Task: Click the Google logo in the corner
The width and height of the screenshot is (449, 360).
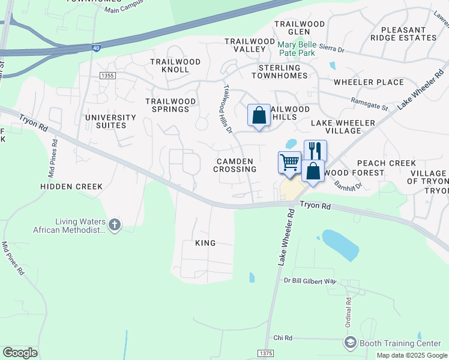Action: point(20,352)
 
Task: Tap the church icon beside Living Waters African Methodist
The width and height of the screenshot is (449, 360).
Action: point(114,225)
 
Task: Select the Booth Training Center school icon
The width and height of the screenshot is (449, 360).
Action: point(350,343)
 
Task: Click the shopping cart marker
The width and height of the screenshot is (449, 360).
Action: point(289,163)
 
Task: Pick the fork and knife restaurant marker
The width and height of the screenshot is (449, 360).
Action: point(315,151)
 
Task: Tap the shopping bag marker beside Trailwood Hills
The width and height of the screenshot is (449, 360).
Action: point(259,115)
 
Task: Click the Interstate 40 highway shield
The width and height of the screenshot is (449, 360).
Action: point(96,47)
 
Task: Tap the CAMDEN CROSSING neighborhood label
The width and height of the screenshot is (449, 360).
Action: point(235,165)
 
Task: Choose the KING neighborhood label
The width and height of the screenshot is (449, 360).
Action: point(205,243)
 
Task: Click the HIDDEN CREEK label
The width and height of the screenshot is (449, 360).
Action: point(71,187)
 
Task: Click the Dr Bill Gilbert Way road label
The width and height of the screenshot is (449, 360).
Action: point(310,281)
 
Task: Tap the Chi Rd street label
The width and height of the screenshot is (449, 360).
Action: point(282,338)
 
